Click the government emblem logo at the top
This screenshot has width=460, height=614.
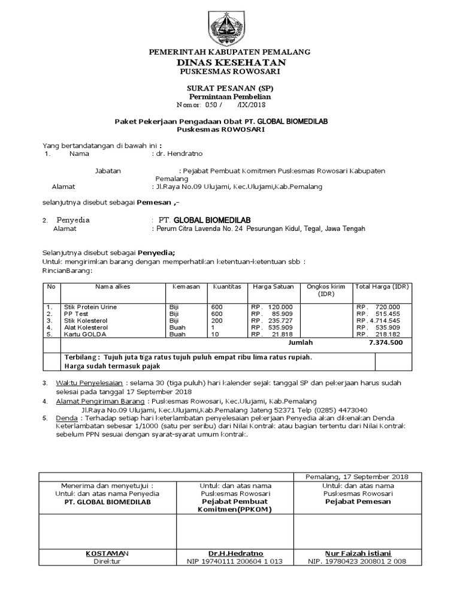pyautogui.click(x=229, y=26)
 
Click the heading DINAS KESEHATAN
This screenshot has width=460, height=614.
pyautogui.click(x=230, y=62)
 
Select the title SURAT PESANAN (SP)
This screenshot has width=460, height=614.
pyautogui.click(x=230, y=88)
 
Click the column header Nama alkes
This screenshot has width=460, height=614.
pyautogui.click(x=112, y=287)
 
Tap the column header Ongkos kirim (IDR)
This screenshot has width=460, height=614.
pyautogui.click(x=326, y=290)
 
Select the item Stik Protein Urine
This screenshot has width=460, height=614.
pyautogui.click(x=90, y=307)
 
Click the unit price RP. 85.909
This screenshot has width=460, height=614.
pyautogui.click(x=267, y=314)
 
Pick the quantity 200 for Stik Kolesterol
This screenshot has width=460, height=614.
pyautogui.click(x=216, y=321)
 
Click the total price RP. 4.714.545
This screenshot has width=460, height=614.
pyautogui.click(x=379, y=321)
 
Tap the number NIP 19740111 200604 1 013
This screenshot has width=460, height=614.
pyautogui.click(x=235, y=561)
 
